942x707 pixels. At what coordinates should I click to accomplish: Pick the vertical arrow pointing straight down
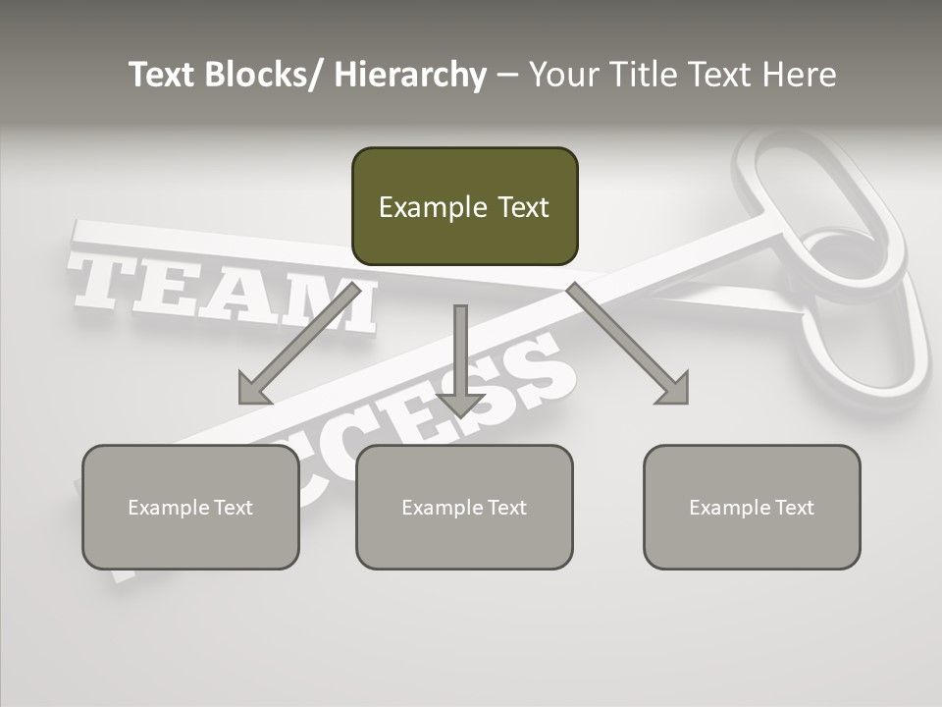(460, 358)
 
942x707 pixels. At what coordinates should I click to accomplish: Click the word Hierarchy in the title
(410, 76)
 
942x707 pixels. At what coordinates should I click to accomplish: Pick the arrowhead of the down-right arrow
(672, 389)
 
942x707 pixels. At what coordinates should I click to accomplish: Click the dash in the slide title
(507, 76)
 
